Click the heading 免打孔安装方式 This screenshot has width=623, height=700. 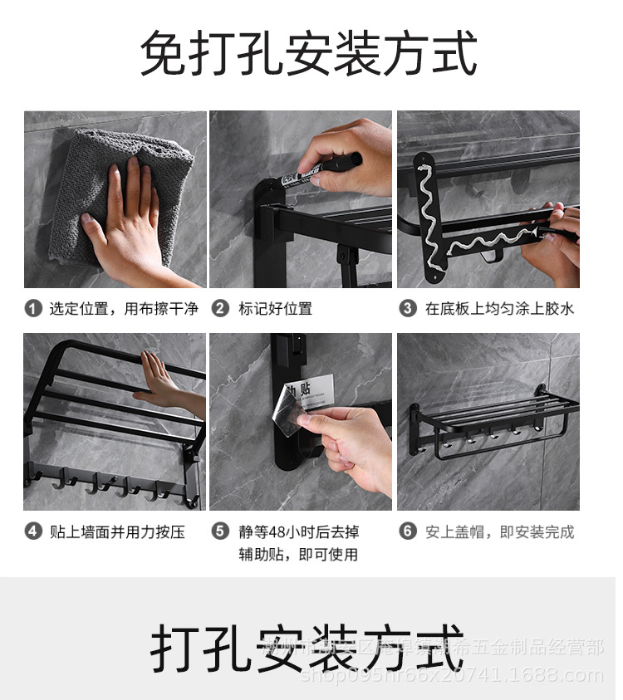click(309, 54)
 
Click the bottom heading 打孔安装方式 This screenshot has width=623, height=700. click(307, 649)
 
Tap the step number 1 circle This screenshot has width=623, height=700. click(33, 309)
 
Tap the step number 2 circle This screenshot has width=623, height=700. click(220, 309)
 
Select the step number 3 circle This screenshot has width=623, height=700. click(408, 309)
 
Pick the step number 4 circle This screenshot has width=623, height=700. click(33, 531)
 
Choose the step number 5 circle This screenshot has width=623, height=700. click(220, 531)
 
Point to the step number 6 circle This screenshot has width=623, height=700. click(408, 531)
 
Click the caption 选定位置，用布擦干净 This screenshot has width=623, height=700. click(124, 309)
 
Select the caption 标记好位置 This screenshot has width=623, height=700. click(275, 309)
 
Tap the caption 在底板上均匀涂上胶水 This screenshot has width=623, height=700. click(499, 309)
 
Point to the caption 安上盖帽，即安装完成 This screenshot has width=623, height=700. click(499, 531)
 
